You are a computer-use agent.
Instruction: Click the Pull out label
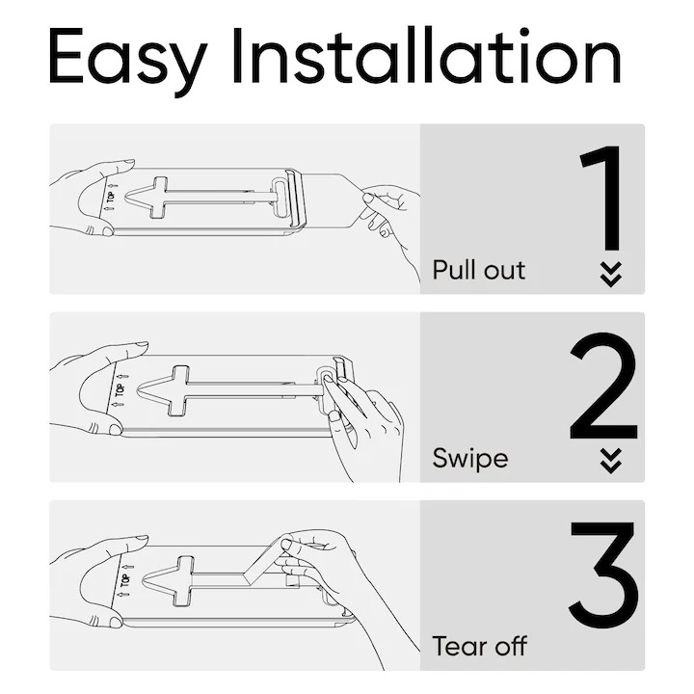[x=479, y=269]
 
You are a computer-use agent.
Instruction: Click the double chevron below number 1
[x=610, y=274]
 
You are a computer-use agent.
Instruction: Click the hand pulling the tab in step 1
[x=390, y=217]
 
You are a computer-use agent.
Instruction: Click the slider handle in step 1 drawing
[x=289, y=199]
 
